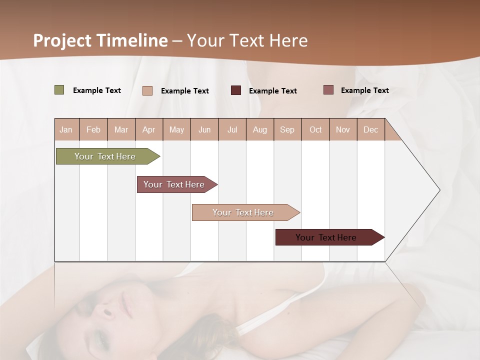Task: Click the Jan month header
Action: coord(66,129)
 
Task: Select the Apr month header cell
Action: coord(148,129)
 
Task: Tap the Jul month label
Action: coord(232,129)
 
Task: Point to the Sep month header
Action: coord(287,129)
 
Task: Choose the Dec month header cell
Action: coord(370,129)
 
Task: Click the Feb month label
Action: coord(93,129)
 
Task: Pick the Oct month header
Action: coord(315,129)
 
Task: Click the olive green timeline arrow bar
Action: coord(105,156)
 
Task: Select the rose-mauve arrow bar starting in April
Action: coord(174,184)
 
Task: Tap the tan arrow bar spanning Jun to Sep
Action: coord(243,212)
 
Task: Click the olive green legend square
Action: coord(59,90)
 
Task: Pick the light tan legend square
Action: coord(147,90)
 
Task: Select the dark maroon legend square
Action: coord(236,90)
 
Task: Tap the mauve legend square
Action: coord(328,90)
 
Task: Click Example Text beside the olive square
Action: coord(97,90)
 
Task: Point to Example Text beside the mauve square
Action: coord(365,90)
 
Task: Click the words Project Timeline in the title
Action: coord(100,40)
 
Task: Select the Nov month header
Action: coord(343,129)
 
